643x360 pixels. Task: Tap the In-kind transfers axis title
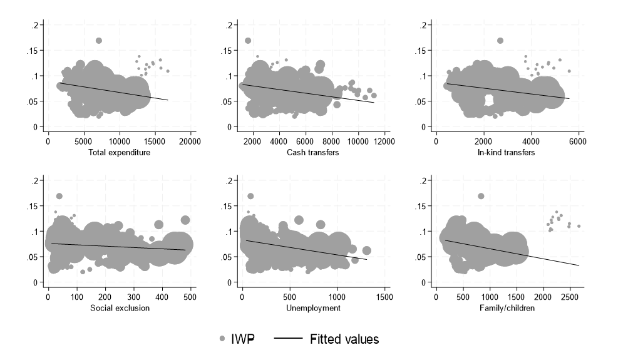coord(507,153)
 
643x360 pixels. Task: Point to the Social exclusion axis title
coord(120,308)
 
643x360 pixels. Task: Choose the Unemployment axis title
coord(314,308)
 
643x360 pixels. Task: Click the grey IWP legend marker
coord(223,339)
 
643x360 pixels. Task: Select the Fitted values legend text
coord(344,339)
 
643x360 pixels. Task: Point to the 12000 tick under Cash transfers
coord(384,141)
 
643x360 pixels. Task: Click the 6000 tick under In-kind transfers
coord(578,141)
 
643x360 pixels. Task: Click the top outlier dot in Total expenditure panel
coord(99,41)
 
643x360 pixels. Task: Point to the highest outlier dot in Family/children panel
coord(481,196)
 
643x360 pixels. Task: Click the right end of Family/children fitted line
coord(579,266)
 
